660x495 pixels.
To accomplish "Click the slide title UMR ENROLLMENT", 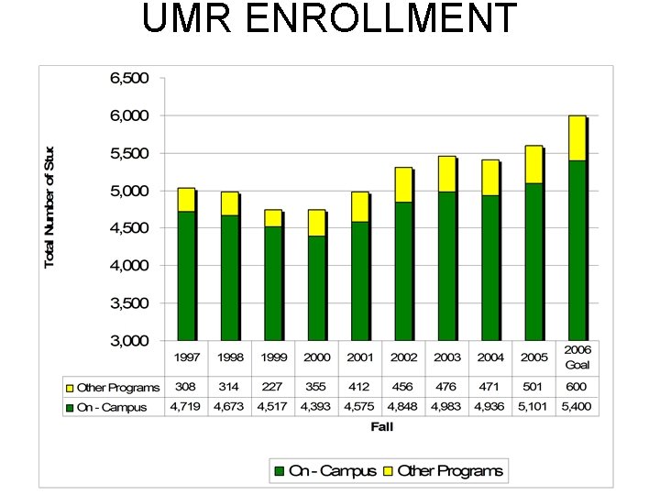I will pos(329,19).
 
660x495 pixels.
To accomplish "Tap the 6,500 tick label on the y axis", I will pos(129,79).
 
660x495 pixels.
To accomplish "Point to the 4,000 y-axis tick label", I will pos(129,266).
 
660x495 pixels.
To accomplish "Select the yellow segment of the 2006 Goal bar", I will pos(577,137).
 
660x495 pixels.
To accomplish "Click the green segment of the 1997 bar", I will pos(186,275).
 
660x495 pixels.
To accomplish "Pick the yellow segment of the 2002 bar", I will pos(403,184).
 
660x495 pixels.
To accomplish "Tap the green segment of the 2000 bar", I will pos(316,288).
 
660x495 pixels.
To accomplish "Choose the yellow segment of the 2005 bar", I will pos(533,164).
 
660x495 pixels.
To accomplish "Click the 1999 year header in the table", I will pos(272,357).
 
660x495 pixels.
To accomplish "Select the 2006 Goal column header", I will pos(577,357).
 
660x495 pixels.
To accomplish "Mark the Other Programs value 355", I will pos(316,388).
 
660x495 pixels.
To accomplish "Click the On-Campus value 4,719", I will pos(186,406).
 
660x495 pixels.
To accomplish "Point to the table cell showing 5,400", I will pos(577,406).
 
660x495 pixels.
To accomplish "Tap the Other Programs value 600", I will pos(577,388).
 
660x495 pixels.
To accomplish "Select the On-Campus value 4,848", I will pos(403,406).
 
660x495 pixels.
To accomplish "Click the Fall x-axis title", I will pos(382,426).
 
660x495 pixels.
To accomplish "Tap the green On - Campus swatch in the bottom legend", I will pos(279,471).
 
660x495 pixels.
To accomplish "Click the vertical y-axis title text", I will pos(49,206).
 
